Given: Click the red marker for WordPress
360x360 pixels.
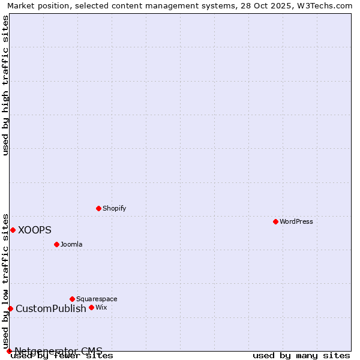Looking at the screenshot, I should [x=275, y=221].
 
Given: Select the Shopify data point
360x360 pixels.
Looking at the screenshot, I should [x=98, y=208].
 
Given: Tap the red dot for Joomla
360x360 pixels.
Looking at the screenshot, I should [x=56, y=244].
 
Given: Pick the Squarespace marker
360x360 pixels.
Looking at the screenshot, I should [x=72, y=299].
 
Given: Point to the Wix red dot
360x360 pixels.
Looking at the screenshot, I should [x=91, y=307].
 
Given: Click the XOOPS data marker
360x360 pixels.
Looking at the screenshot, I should [x=13, y=230].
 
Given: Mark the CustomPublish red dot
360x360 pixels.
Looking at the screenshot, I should [x=10, y=308].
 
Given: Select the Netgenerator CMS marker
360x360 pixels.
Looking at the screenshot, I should [x=9, y=351].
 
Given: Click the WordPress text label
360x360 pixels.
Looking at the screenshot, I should [x=296, y=221].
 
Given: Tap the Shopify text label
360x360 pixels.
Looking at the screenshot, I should [x=114, y=208].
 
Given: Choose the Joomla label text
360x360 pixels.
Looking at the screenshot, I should [x=71, y=244].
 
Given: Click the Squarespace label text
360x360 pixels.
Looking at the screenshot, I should [x=97, y=299].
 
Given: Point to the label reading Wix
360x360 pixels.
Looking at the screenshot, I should [x=101, y=307].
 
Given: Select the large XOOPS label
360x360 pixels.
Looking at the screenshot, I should [x=35, y=230].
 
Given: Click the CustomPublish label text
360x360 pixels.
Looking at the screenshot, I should [x=51, y=308].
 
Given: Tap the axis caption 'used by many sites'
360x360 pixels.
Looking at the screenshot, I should [x=301, y=356].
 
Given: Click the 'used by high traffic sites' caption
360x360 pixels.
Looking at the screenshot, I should [x=6, y=85].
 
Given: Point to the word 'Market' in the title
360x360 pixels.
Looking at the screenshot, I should [x=20, y=6].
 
